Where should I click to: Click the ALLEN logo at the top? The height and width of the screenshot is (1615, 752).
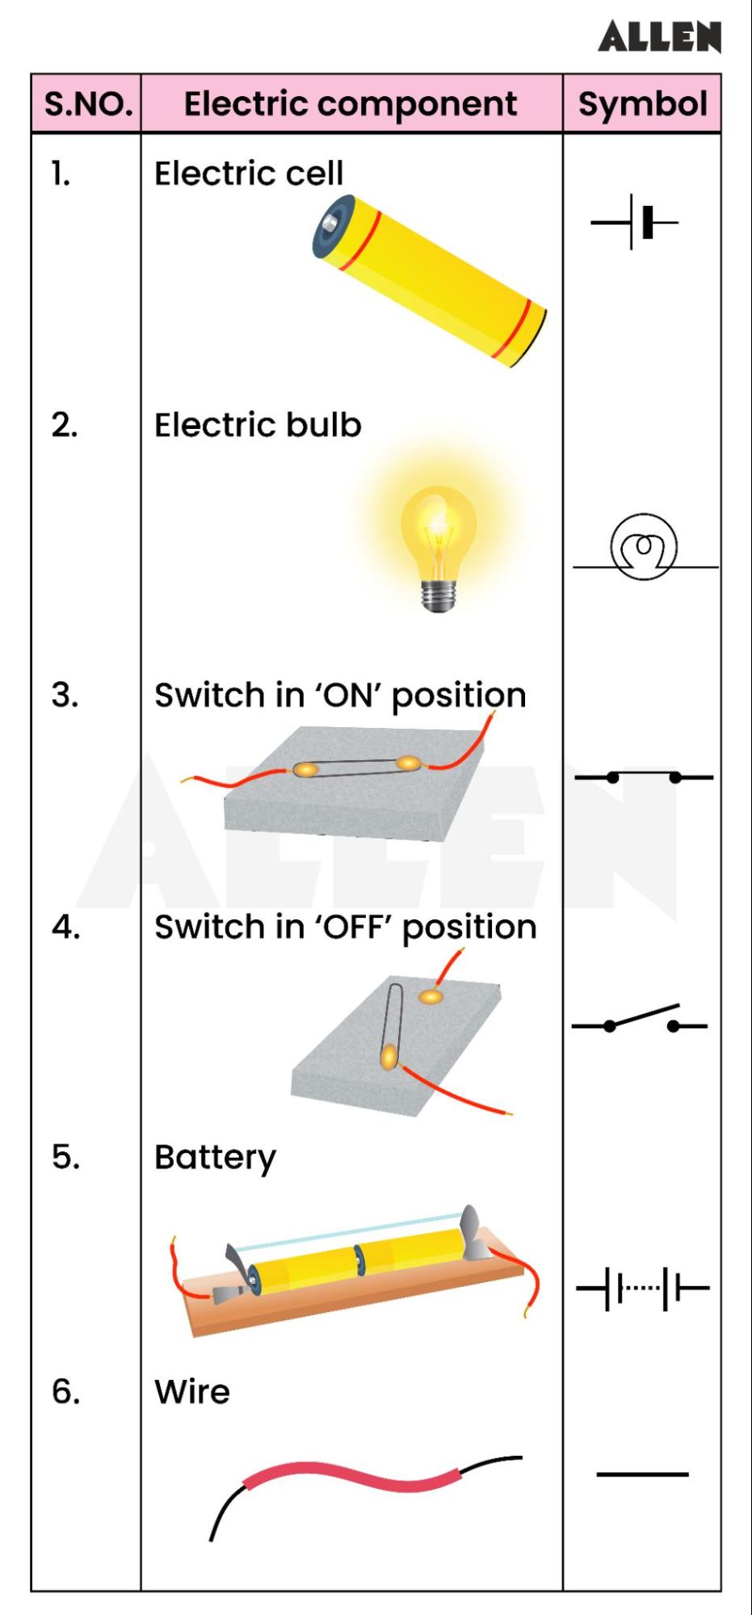pos(659,37)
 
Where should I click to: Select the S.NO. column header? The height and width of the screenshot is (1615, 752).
pos(87,104)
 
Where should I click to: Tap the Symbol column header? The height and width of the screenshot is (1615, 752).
pos(642,104)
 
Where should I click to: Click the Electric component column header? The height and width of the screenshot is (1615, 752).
pos(351,104)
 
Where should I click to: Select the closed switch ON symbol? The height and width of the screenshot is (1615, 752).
pos(644,777)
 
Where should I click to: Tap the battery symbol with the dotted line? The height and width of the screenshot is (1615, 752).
pos(642,1288)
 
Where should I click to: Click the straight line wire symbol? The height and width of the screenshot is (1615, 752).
pos(642,1474)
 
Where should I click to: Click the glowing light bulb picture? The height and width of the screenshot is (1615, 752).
pos(439,537)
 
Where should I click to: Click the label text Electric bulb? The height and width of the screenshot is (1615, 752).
pos(258,425)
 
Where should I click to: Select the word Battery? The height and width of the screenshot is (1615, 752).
pos(215,1158)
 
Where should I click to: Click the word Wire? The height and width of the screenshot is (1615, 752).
pos(192,1392)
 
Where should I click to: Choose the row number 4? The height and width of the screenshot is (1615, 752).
pos(65,927)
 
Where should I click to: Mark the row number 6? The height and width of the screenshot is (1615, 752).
pos(65,1392)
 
